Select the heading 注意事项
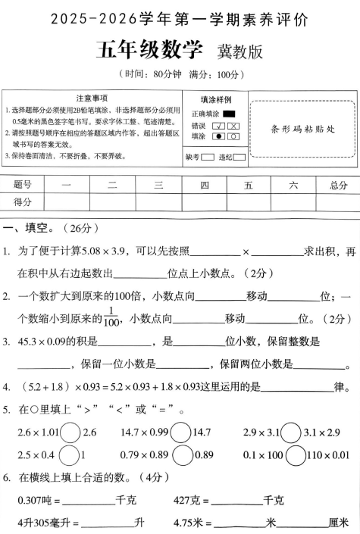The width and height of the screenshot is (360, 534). point(92,98)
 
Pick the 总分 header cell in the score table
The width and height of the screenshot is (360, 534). point(328,184)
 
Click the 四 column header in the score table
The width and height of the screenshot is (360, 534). point(205,184)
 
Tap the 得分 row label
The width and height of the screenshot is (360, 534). point(23,201)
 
